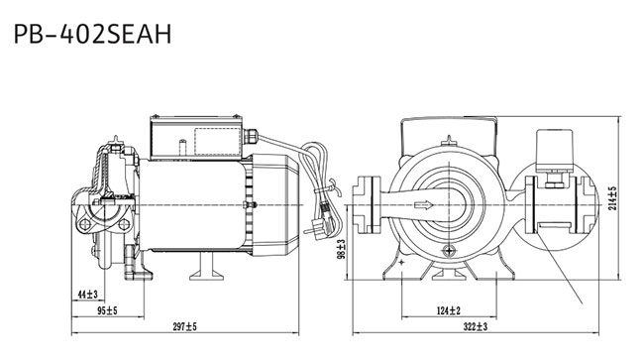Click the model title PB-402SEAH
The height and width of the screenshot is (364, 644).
coord(92,34)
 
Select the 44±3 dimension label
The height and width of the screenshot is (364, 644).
coord(88,295)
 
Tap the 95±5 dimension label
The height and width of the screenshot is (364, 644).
coord(107,311)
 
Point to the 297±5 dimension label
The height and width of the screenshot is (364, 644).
coord(185,327)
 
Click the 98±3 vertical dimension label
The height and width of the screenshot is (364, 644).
coord(341,249)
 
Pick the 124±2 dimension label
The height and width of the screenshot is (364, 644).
coord(449,311)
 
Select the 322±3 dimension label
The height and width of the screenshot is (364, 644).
coord(476,327)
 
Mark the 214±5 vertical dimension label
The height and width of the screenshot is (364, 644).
coord(612,198)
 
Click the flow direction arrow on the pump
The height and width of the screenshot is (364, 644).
coord(424,204)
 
